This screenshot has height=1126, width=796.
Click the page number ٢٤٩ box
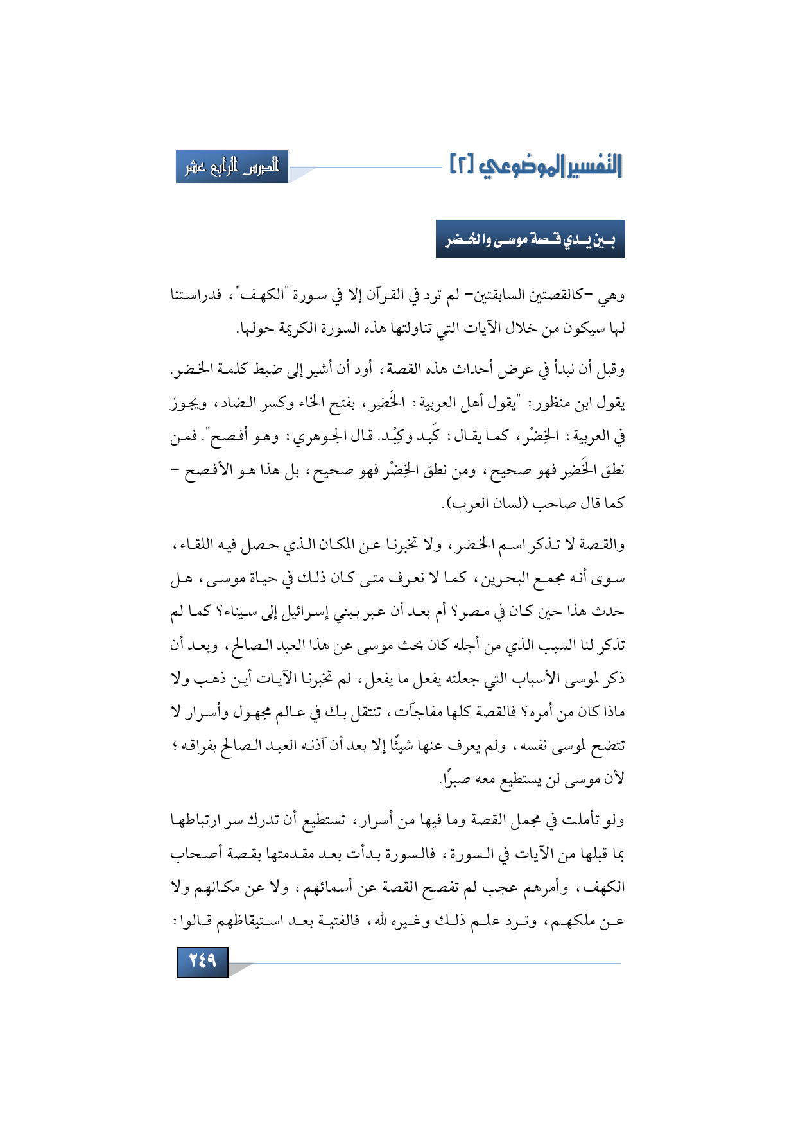(202, 961)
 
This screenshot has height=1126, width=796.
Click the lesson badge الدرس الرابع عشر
(232, 167)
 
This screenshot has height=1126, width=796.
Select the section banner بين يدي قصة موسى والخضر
(530, 239)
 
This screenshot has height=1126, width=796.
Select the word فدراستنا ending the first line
(195, 296)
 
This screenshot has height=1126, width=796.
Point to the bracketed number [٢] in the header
(461, 164)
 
